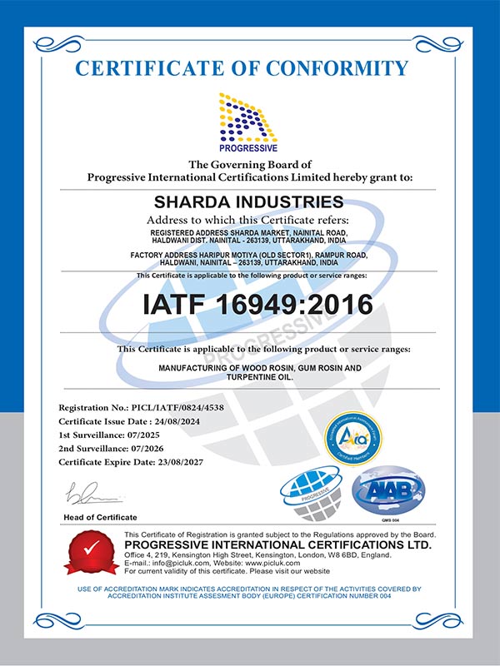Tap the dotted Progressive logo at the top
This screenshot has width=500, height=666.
(x=249, y=121)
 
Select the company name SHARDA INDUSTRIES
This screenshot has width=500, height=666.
(x=249, y=201)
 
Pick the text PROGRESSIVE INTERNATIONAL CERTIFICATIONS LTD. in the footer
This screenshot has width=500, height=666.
(x=277, y=546)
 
